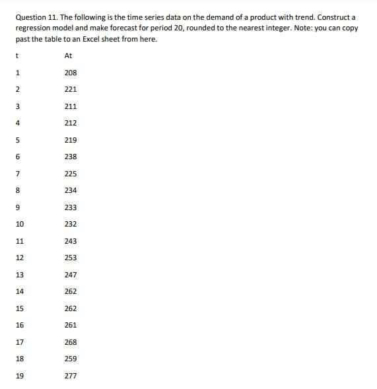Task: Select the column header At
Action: [69, 56]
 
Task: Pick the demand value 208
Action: [71, 73]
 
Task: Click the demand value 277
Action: [71, 376]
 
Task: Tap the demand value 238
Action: [71, 157]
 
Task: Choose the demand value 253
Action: [71, 258]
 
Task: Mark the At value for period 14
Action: [71, 291]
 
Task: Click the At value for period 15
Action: [71, 308]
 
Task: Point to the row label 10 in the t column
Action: [20, 224]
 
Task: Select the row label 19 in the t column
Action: [20, 376]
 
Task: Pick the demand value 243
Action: [71, 241]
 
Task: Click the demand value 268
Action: [71, 342]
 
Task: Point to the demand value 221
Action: [71, 89]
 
